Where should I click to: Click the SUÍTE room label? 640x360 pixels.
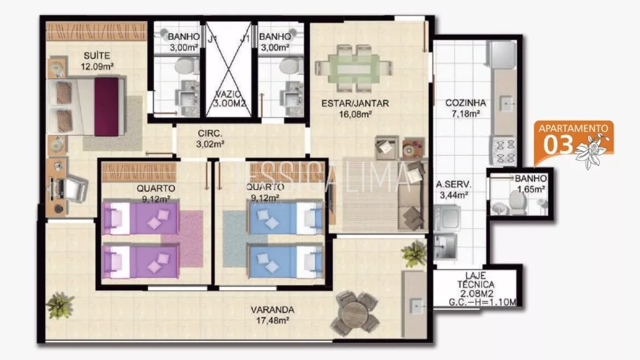click(97, 56)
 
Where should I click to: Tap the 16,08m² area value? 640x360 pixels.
click(355, 114)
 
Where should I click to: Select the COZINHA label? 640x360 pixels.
click(465, 103)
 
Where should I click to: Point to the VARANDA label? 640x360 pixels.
click(272, 310)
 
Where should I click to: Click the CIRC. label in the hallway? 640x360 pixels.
click(210, 134)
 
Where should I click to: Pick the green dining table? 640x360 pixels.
click(354, 67)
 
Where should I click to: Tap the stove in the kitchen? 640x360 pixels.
click(504, 151)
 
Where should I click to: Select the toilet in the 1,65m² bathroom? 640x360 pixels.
click(517, 203)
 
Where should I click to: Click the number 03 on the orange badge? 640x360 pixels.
click(558, 145)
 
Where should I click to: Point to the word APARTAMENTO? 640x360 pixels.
click(573, 128)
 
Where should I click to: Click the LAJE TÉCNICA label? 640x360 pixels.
click(476, 281)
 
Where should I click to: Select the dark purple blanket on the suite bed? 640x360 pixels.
click(106, 106)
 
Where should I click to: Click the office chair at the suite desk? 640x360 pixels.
click(76, 188)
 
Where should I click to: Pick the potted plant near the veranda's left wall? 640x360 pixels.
click(59, 305)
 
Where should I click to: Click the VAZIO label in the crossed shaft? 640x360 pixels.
click(228, 95)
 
